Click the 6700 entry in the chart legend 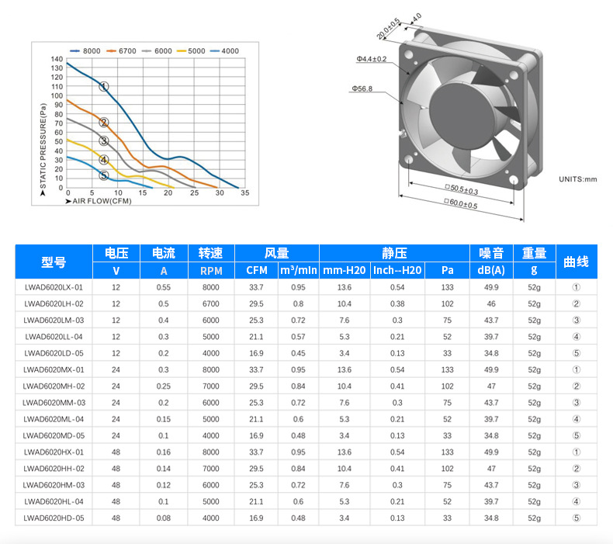point(121,51)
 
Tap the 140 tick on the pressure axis point(57,59)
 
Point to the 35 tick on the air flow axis point(244,192)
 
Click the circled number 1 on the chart point(104,86)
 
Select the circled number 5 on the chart point(104,175)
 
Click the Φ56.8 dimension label point(362,88)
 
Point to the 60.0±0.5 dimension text point(461,203)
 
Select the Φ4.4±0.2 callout point(372,59)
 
